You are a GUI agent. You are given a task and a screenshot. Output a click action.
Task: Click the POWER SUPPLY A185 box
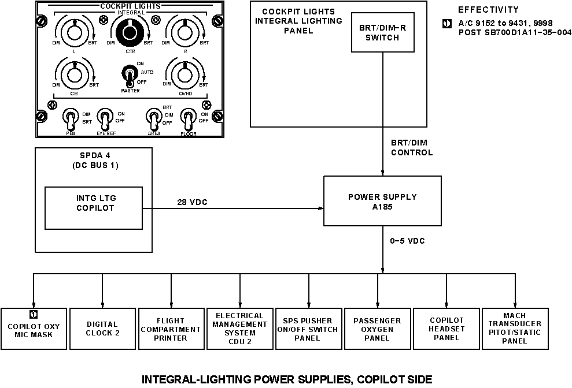[382, 201]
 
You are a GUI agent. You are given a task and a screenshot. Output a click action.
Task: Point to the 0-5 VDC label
[407, 241]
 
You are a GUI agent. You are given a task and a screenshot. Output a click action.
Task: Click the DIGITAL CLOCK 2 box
[102, 329]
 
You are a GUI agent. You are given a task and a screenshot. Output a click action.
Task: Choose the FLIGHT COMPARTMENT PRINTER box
[171, 329]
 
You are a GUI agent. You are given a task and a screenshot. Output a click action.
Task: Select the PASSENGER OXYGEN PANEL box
[377, 329]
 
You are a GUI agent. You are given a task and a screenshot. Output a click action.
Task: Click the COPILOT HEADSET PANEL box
[446, 329]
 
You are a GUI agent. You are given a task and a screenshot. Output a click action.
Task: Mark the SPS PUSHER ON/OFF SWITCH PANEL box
[308, 329]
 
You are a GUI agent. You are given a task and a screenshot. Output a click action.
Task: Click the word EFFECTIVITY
[488, 10]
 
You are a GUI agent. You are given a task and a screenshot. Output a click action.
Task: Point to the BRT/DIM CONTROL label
[411, 148]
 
